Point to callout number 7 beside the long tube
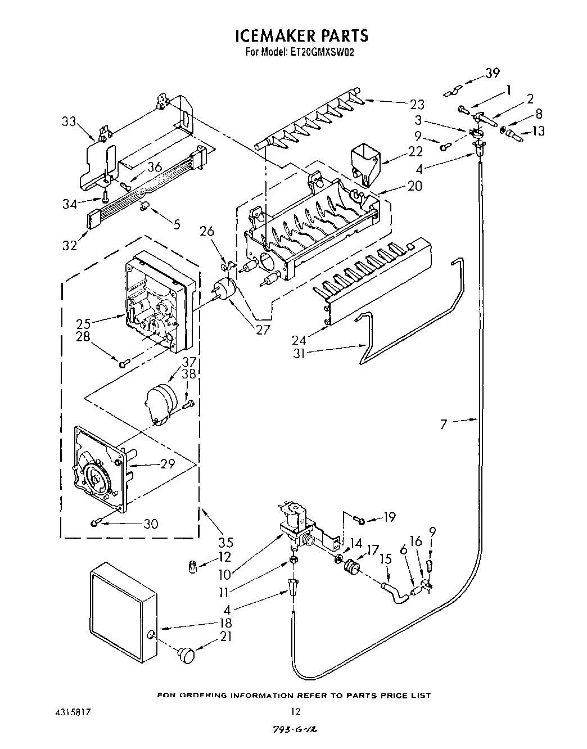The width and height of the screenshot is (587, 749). click(x=444, y=424)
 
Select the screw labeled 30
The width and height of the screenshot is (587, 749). click(x=94, y=524)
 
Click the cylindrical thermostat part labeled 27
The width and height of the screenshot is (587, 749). click(x=225, y=289)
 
